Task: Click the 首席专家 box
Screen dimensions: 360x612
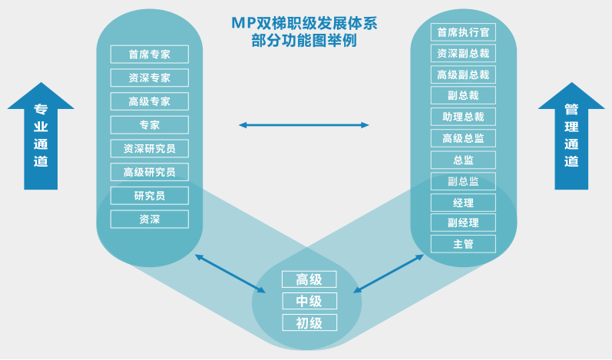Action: pyautogui.click(x=150, y=54)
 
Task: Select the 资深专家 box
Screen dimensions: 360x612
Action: pyautogui.click(x=150, y=78)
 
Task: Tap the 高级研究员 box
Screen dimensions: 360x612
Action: pyautogui.click(x=150, y=172)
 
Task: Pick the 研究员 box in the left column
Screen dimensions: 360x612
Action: pyautogui.click(x=150, y=196)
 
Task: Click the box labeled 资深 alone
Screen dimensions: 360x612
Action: pyautogui.click(x=150, y=220)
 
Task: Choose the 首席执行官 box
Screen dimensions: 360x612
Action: pyautogui.click(x=463, y=32)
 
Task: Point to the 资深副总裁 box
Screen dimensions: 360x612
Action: pyautogui.click(x=463, y=54)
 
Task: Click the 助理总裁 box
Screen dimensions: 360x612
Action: pyautogui.click(x=463, y=117)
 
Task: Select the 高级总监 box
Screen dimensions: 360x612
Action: pyautogui.click(x=463, y=139)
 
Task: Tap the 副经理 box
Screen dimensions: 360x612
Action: pyautogui.click(x=463, y=223)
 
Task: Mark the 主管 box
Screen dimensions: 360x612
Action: pyautogui.click(x=463, y=244)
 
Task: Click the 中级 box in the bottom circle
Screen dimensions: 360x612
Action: pyautogui.click(x=309, y=301)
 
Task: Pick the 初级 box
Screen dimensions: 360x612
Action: pyautogui.click(x=309, y=322)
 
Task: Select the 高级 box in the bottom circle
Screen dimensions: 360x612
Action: pyautogui.click(x=309, y=280)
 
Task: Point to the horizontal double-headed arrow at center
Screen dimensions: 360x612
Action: pyautogui.click(x=304, y=124)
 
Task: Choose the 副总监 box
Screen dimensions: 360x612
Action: pyautogui.click(x=463, y=181)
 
